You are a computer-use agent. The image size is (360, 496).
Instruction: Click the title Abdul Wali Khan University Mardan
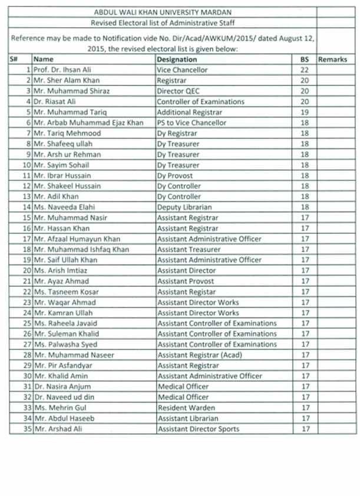[x=162, y=12]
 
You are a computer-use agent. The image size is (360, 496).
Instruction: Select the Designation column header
[x=177, y=59]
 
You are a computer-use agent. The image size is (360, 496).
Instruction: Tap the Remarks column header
[x=332, y=59]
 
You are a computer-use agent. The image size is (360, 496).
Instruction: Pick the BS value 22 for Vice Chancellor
[x=305, y=70]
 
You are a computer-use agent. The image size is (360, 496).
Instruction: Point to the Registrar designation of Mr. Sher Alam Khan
[x=170, y=80]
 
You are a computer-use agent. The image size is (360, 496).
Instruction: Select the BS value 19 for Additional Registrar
[x=305, y=112]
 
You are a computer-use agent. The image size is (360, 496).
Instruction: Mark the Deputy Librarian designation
[x=181, y=207]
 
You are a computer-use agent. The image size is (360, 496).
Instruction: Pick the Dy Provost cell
[x=174, y=176]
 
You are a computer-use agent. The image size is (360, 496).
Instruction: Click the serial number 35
[x=27, y=429]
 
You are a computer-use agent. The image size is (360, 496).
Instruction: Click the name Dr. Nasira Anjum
[x=62, y=386]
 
